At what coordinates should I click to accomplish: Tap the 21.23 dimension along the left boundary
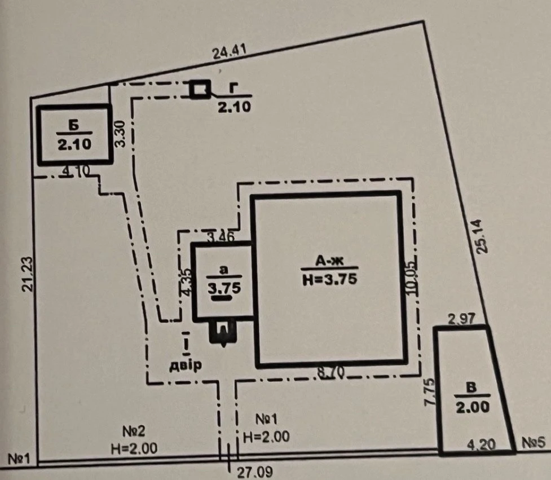pos(28,275)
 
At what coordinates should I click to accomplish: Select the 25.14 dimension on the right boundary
pos(482,236)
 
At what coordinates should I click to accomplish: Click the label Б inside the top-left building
pos(74,126)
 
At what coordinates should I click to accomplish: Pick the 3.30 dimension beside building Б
pos(121,134)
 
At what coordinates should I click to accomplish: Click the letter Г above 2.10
pos(232,89)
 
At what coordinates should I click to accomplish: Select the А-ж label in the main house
pos(329,261)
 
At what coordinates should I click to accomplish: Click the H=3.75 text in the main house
pos(330,279)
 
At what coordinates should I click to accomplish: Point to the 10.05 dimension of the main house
pos(411,278)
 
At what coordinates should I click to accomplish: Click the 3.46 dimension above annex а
pos(221,236)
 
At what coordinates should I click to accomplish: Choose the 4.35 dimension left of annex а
pos(187,283)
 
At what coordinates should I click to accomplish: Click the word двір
pos(186,365)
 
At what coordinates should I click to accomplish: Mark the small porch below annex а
pos(223,332)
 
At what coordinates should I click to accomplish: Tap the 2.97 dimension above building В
pos(461,319)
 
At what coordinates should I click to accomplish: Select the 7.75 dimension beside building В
pos(430,393)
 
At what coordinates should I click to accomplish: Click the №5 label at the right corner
pos(534,443)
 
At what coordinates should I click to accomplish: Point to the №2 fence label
pos(134,431)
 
